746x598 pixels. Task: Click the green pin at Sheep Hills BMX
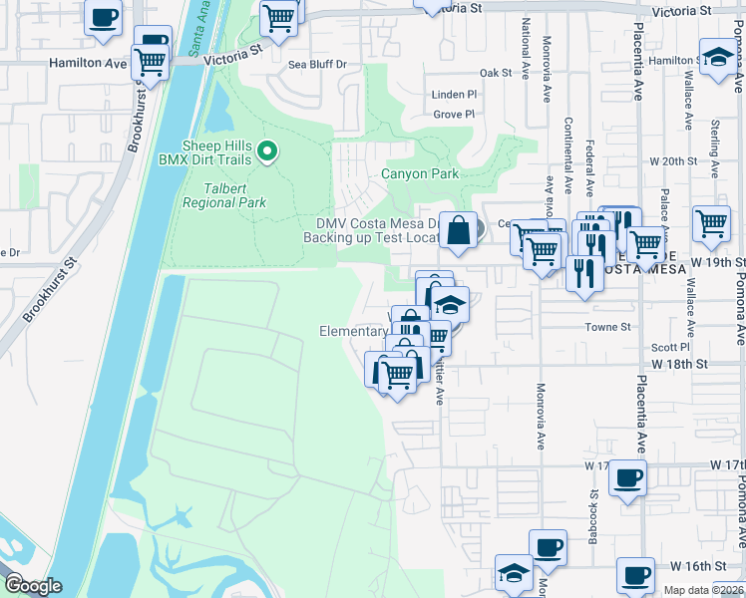(266, 152)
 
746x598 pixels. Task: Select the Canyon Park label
(420, 173)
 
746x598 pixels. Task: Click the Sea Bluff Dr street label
(317, 64)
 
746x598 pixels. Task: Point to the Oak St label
(495, 73)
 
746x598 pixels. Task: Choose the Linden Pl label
(454, 95)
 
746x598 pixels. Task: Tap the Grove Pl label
(454, 115)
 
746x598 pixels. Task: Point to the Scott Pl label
(669, 347)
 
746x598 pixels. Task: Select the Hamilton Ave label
(88, 62)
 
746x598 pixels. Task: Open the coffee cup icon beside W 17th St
(627, 478)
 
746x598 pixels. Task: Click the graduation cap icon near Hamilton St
(716, 56)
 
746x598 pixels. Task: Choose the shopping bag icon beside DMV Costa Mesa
(457, 231)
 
